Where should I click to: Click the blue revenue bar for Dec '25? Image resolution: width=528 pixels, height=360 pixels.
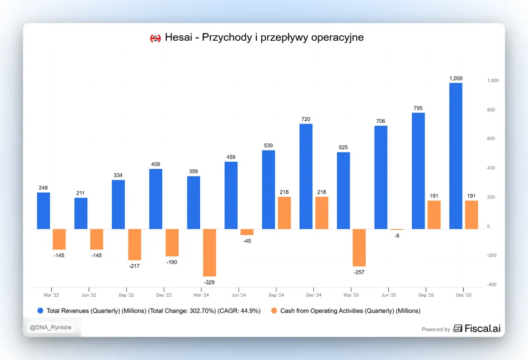point(456,156)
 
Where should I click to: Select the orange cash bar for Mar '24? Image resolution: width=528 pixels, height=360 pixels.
point(209,253)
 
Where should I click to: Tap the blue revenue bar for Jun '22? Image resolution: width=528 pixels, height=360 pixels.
point(81,214)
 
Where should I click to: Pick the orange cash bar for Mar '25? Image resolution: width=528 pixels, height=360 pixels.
point(359,248)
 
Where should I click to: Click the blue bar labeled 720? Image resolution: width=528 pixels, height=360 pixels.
point(306,177)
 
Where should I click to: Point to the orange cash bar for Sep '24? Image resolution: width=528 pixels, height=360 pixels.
point(284,213)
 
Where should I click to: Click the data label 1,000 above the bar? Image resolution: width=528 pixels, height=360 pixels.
point(456,78)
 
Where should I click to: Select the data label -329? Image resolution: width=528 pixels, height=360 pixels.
point(209,282)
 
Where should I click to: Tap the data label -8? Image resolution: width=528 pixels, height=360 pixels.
point(397,236)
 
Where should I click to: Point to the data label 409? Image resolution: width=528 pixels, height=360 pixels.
point(155,164)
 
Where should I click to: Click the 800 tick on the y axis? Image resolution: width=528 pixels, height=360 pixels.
point(491,110)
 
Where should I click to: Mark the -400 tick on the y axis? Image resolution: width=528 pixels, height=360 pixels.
point(492,285)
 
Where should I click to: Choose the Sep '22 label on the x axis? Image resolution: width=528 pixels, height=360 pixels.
point(126,295)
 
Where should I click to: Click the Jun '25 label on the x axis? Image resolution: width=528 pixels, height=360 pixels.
point(389,295)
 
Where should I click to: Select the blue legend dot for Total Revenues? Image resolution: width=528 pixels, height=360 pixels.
point(40,311)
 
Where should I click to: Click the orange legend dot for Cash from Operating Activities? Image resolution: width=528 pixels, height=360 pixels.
point(274,311)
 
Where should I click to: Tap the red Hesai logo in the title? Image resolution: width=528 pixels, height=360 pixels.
point(155,39)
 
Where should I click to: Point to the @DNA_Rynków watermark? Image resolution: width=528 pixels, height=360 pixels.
point(50,328)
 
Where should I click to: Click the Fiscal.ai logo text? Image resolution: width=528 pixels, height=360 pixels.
point(482,328)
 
